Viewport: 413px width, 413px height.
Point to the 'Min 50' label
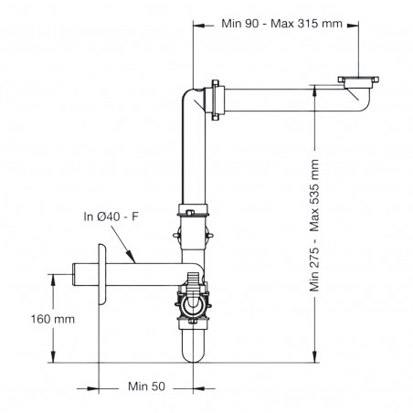tap(145, 387)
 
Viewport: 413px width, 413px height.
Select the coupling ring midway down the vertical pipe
tap(193, 216)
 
